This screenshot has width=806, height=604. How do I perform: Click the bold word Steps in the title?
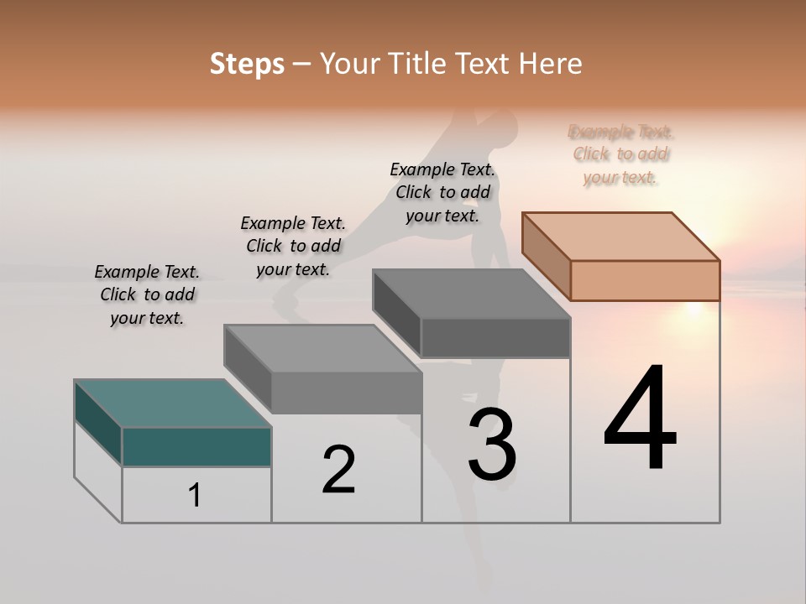[x=247, y=64]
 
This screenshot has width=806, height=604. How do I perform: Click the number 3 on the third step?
[x=492, y=445]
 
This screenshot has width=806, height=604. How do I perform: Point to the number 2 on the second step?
[x=338, y=470]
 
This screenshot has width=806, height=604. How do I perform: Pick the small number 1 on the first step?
[x=195, y=495]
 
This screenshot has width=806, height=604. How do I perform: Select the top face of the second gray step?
[x=322, y=348]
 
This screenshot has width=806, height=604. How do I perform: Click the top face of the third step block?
[x=471, y=294]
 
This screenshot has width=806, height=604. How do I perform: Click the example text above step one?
[x=147, y=294]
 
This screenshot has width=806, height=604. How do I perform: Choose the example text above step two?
[x=293, y=246]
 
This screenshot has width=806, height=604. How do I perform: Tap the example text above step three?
[x=442, y=192]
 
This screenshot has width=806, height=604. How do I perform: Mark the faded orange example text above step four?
[x=620, y=154]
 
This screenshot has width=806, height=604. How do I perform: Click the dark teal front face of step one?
[x=196, y=446]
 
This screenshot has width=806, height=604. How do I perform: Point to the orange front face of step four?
[x=645, y=280]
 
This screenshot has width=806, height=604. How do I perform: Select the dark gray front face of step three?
[x=495, y=337]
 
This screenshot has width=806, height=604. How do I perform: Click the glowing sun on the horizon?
[x=693, y=308]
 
